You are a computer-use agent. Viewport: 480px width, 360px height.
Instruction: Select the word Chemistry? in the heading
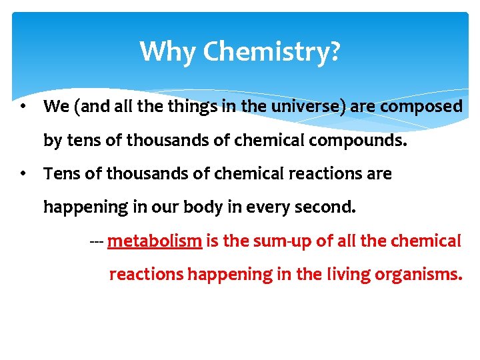[271, 52]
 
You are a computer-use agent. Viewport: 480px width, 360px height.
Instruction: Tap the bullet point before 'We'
[23, 106]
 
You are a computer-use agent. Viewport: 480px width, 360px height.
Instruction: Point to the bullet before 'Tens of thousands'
[23, 174]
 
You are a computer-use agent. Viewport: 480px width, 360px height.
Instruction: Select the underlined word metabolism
[154, 241]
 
